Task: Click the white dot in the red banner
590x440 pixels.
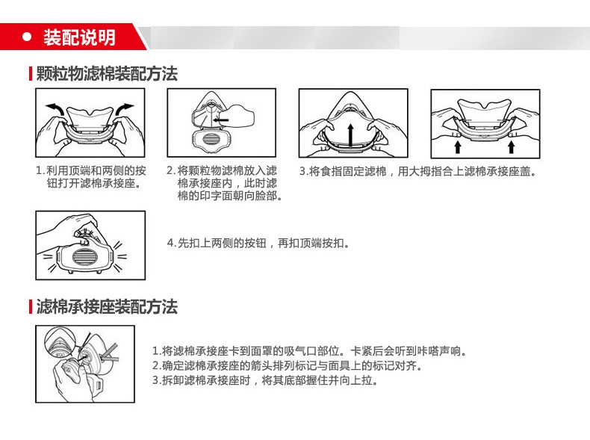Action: [x=27, y=37]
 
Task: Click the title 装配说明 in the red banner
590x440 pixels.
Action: [x=79, y=37]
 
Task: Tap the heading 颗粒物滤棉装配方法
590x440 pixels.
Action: [x=107, y=73]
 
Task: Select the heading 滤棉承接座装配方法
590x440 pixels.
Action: [x=107, y=307]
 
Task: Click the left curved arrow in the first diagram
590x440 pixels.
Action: [x=55, y=111]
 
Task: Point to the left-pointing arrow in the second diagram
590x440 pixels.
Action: [x=220, y=120]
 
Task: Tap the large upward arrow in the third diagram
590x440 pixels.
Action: [x=351, y=135]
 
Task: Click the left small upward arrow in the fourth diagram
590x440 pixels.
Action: [x=458, y=146]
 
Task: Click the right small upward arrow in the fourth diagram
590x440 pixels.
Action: [x=511, y=146]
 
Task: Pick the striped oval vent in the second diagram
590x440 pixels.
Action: [x=211, y=139]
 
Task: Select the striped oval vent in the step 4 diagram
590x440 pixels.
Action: [x=84, y=257]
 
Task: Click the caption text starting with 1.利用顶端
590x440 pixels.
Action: [x=90, y=177]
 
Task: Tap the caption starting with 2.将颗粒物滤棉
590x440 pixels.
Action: [x=224, y=183]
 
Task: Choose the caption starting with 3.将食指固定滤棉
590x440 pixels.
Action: [x=417, y=172]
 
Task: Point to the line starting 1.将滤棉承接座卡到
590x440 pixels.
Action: [x=309, y=351]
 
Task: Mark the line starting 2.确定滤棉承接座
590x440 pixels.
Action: [x=288, y=365]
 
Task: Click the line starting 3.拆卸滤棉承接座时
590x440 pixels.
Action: [x=265, y=380]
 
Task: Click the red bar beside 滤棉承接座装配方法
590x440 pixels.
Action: [x=31, y=307]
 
